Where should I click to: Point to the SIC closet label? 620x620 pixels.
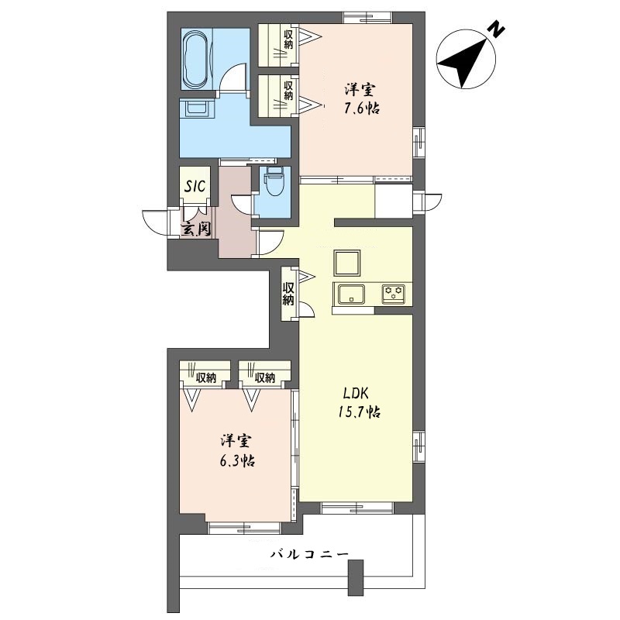[194, 187]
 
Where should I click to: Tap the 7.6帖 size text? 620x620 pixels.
[361, 108]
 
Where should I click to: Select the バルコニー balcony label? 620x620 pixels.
[309, 555]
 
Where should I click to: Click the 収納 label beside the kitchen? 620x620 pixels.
[288, 293]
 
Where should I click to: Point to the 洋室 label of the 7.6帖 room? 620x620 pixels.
[361, 88]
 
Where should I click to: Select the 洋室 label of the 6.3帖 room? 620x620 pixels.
[236, 441]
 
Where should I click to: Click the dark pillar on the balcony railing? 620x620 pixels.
[356, 577]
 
